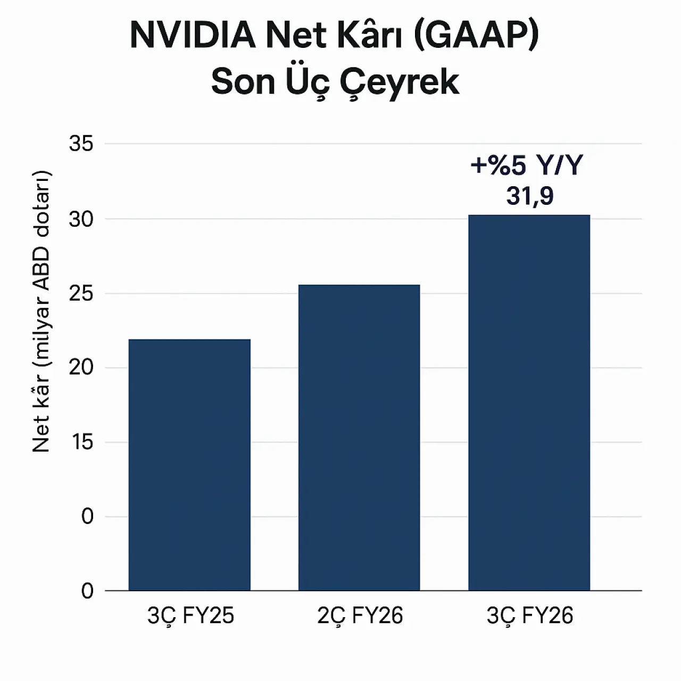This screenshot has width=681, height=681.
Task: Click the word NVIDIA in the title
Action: click(192, 36)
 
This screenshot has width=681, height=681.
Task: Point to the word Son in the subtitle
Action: click(243, 82)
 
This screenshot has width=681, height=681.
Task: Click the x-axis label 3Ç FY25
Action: click(190, 616)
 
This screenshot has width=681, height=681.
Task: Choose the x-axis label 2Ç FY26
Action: click(360, 616)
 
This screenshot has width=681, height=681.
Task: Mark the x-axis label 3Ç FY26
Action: click(530, 616)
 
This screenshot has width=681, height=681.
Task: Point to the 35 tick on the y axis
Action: click(81, 144)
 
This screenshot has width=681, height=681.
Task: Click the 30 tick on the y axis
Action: click(81, 219)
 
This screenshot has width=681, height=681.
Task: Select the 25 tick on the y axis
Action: click(81, 294)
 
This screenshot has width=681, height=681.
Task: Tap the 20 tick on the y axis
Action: click(81, 368)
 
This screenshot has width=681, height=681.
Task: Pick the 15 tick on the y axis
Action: click(82, 442)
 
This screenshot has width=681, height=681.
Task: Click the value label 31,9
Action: click(530, 196)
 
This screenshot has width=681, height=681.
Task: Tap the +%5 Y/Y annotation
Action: click(527, 165)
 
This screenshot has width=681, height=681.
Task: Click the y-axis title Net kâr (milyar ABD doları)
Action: click(41, 312)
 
